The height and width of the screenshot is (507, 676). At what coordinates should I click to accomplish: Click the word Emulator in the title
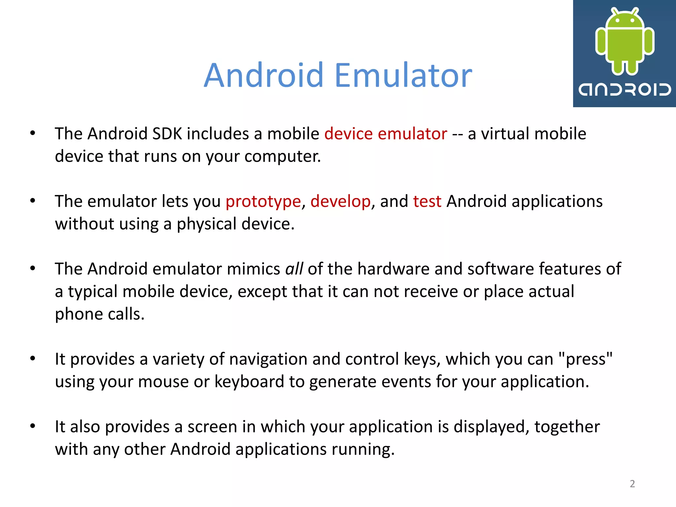point(403,76)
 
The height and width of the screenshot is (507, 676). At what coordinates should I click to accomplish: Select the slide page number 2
point(632,484)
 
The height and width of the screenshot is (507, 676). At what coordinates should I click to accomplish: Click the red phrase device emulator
point(386,134)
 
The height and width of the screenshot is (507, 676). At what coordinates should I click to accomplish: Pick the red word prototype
point(263,201)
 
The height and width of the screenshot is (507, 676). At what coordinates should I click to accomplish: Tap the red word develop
point(340,201)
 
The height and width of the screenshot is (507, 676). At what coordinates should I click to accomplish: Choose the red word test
point(427,201)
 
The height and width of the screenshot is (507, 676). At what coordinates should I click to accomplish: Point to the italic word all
point(294,269)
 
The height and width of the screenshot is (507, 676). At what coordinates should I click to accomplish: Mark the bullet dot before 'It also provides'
point(32,426)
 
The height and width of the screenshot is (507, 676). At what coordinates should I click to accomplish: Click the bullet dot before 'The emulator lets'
point(32,201)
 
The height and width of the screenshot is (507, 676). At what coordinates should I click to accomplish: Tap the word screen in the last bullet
point(212,427)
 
